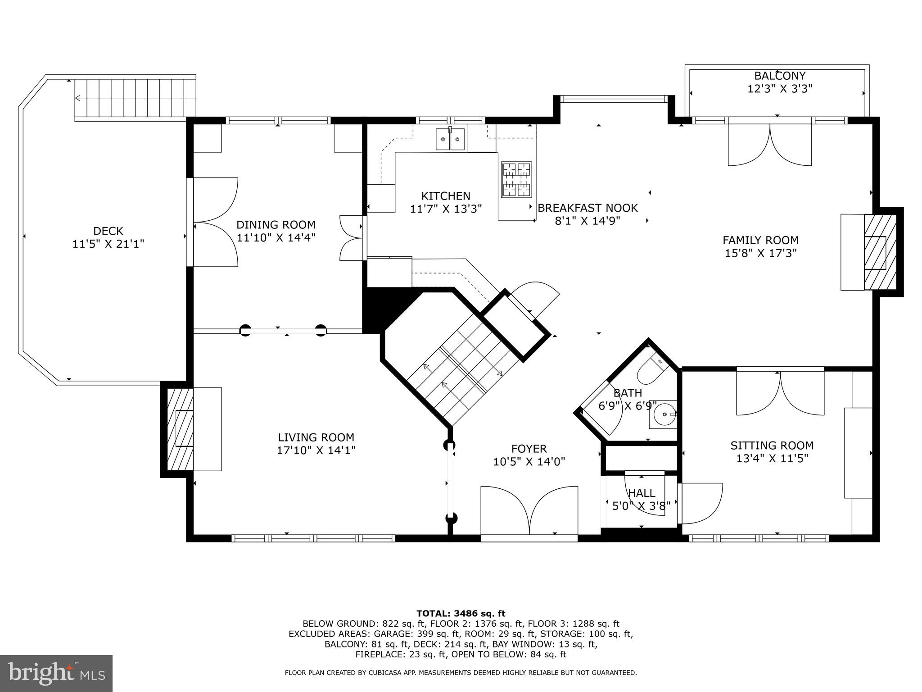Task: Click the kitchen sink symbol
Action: point(450,139)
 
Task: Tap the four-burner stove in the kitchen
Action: point(516,179)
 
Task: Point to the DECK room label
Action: point(108,231)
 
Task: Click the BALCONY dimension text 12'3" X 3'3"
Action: point(780,88)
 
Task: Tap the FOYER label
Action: point(529,449)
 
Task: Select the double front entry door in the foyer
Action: point(529,512)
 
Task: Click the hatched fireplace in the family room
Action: point(879,252)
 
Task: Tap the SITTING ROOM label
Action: point(772,446)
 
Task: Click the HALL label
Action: point(642,493)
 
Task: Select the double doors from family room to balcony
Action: point(770,144)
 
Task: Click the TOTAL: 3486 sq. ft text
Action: point(461,613)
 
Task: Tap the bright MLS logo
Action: point(56,674)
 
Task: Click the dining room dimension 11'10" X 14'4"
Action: point(276,237)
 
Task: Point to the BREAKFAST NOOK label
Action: point(588,208)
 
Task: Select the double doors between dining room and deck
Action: point(215,222)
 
